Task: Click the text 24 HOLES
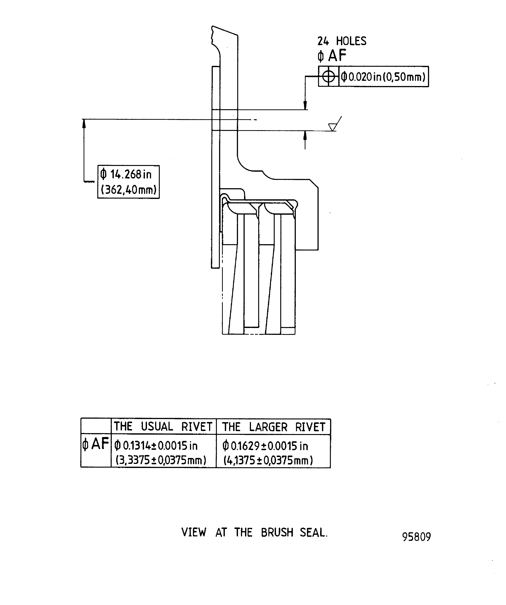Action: point(342,41)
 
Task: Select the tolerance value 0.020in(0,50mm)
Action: point(383,77)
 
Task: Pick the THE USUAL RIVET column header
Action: point(163,427)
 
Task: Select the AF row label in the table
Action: point(96,444)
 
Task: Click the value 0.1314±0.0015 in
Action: point(156,446)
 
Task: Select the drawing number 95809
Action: point(416,537)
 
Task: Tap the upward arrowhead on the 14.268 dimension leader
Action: point(84,123)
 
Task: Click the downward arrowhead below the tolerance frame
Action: point(305,105)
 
